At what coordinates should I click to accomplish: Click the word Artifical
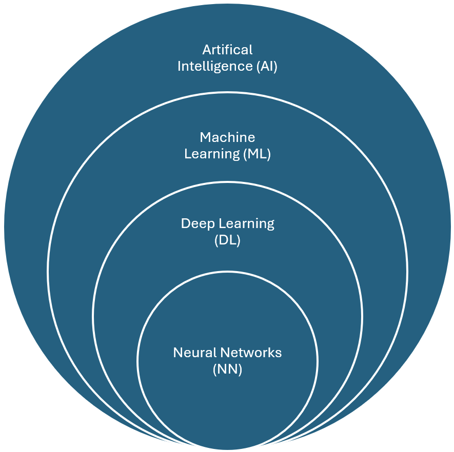tap(227, 50)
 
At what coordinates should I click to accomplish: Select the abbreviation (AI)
tap(265, 67)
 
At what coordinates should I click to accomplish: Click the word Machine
tap(227, 137)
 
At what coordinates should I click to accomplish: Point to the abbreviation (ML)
tap(255, 154)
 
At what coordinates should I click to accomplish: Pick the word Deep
tap(198, 224)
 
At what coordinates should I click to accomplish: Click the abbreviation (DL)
tap(227, 240)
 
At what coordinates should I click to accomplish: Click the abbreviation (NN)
tap(227, 369)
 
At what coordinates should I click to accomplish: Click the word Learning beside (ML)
tap(210, 154)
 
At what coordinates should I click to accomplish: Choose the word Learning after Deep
tap(247, 224)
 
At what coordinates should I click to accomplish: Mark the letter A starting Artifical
tap(207, 50)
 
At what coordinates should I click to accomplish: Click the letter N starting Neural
tap(177, 353)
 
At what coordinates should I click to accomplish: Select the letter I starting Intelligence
tap(179, 67)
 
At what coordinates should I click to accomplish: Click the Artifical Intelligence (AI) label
tap(227, 58)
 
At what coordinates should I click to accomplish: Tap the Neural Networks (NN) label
tap(227, 361)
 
